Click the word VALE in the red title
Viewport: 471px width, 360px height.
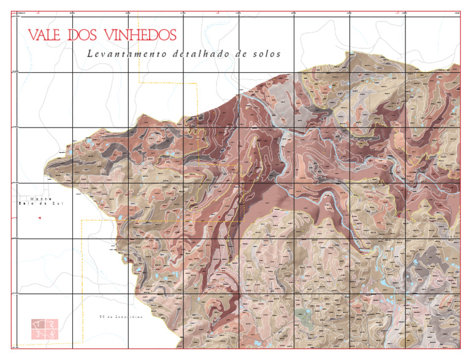45,36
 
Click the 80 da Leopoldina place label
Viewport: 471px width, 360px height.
120,317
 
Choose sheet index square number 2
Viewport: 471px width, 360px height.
52,324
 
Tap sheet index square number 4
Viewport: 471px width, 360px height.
52,334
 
